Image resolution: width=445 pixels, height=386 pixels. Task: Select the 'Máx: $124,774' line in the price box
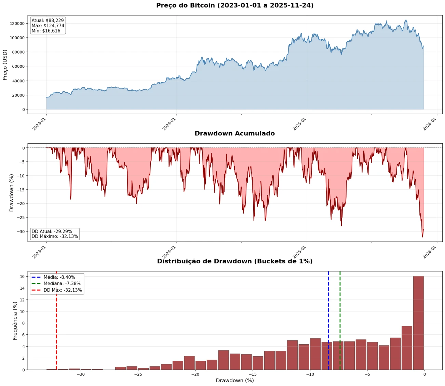pyautogui.click(x=48, y=26)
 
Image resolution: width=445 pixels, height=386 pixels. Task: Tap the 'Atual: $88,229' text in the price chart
pyautogui.click(x=48, y=21)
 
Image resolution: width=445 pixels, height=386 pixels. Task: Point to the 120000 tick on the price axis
pyautogui.click(x=17, y=24)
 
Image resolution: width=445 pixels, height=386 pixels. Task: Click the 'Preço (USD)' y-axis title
pyautogui.click(x=5, y=65)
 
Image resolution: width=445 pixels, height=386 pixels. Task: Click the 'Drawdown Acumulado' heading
pyautogui.click(x=234, y=133)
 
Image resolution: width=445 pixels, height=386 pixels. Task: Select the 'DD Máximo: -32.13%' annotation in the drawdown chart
pyautogui.click(x=55, y=236)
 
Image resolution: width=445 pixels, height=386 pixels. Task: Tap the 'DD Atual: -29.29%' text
pyautogui.click(x=52, y=231)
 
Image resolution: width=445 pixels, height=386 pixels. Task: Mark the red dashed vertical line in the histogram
pyautogui.click(x=56, y=328)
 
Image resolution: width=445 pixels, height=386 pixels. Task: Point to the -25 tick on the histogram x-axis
pyautogui.click(x=138, y=374)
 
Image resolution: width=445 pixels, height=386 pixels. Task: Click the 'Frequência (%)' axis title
pyautogui.click(x=15, y=320)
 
